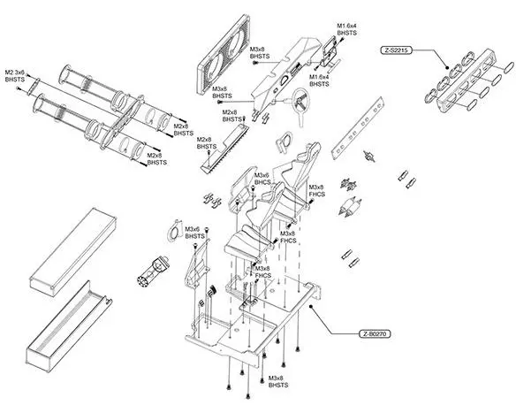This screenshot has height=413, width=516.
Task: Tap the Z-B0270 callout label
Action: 376,334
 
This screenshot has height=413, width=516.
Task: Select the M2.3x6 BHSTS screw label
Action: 15,76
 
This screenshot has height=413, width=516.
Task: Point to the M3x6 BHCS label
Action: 263,179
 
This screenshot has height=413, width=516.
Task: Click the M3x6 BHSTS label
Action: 194,233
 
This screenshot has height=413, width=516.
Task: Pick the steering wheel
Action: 300,103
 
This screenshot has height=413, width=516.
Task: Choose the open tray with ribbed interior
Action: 68,326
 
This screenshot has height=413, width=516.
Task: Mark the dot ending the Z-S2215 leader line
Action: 447,68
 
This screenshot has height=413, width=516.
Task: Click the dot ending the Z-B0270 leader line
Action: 310,306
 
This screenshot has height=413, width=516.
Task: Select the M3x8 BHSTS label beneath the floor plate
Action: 278,381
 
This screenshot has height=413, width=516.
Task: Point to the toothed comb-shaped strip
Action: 224,147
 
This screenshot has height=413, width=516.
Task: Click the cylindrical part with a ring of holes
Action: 152,270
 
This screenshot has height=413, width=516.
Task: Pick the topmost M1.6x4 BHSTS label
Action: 347,29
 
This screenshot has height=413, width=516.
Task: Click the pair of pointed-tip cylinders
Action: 351,207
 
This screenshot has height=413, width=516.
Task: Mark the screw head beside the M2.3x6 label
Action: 28,75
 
